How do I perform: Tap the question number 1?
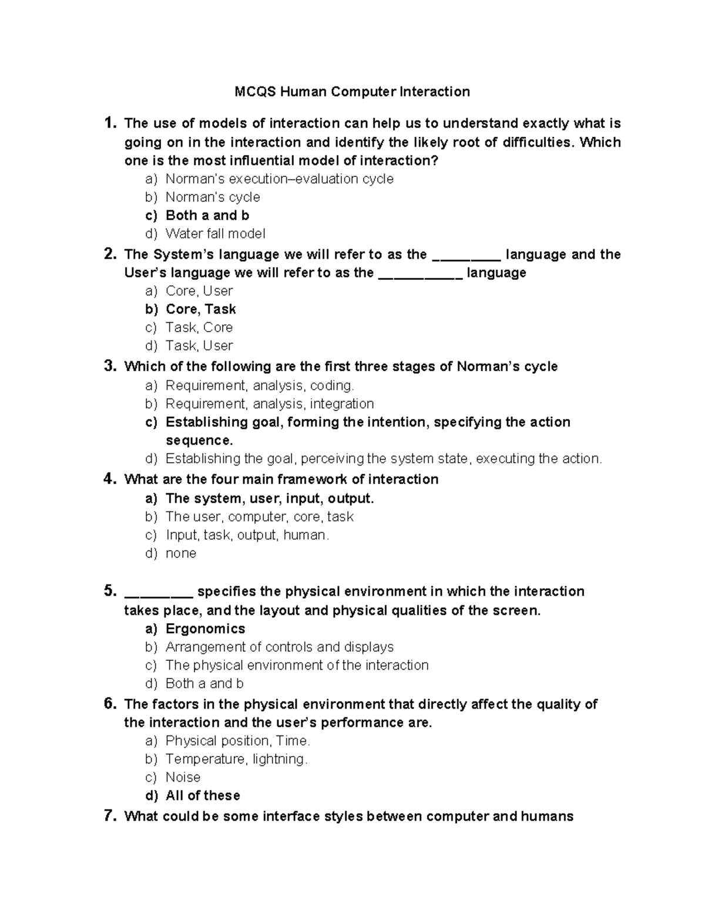click(108, 123)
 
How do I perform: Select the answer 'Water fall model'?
click(215, 233)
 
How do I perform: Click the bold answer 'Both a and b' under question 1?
click(207, 215)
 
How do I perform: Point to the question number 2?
click(109, 254)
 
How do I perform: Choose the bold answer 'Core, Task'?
click(200, 309)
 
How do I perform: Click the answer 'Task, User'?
click(199, 346)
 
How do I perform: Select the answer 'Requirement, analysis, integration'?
click(270, 404)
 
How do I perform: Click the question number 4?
click(109, 479)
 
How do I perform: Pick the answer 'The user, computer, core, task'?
click(259, 517)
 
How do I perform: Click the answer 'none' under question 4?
click(181, 553)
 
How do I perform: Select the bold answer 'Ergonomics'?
click(205, 628)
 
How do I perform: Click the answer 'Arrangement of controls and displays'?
click(280, 647)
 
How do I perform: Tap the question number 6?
click(109, 704)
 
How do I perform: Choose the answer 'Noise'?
click(183, 777)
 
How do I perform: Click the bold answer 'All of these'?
click(203, 795)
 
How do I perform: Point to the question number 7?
click(109, 816)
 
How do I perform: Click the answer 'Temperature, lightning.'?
click(236, 759)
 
